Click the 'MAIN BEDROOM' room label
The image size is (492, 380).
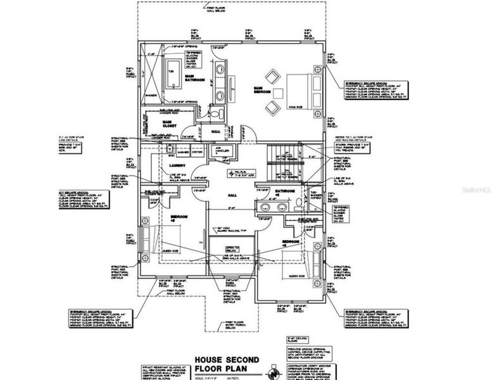point(258,90)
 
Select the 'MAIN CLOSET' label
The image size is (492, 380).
point(168,124)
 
